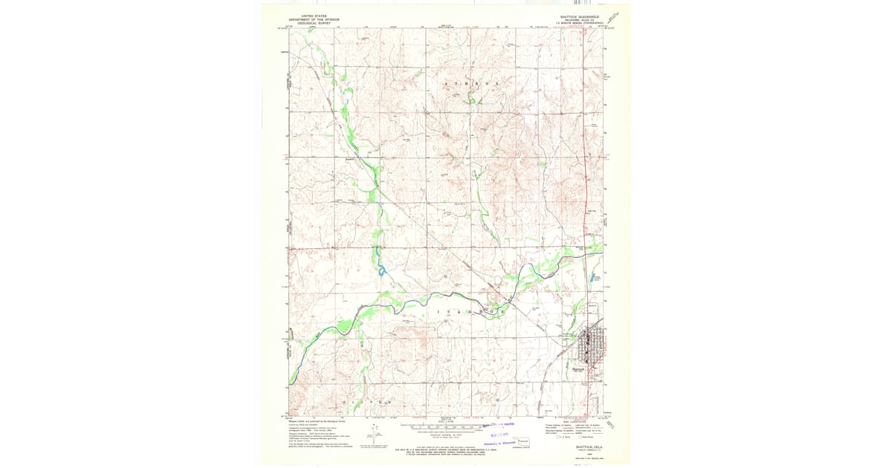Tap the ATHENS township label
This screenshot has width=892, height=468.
[x=470, y=84]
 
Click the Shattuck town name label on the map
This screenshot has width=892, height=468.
[x=580, y=368]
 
